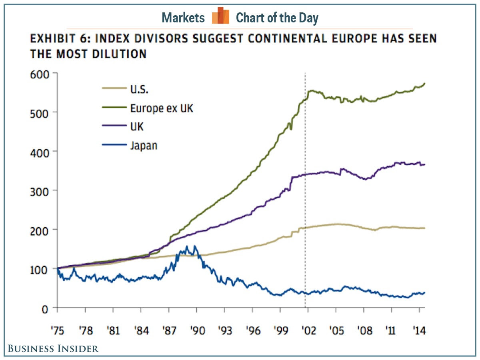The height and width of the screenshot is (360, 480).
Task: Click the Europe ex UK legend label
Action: pyautogui.click(x=161, y=108)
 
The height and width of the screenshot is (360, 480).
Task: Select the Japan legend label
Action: pyautogui.click(x=144, y=145)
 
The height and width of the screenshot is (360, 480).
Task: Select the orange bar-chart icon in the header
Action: pyautogui.click(x=220, y=16)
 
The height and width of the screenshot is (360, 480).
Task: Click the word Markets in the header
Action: pyautogui.click(x=183, y=18)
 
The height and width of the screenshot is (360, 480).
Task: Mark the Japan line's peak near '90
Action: pyautogui.click(x=195, y=246)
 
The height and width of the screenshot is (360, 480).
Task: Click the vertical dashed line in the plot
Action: pyautogui.click(x=305, y=180)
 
